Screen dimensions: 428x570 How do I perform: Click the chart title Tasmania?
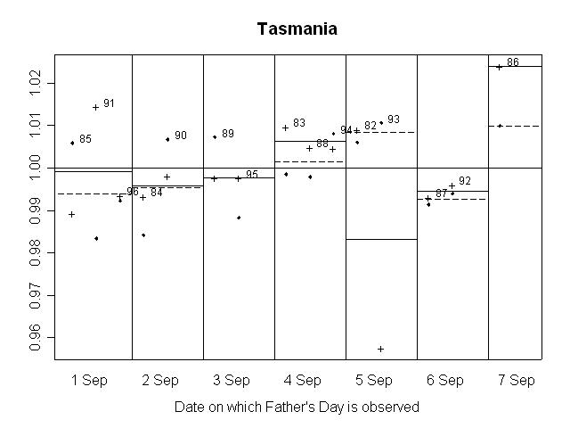[x=297, y=29]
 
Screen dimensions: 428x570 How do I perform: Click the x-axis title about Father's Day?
[x=297, y=407]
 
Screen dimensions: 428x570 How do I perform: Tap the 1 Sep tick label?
[x=89, y=381]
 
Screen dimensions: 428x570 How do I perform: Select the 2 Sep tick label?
[x=160, y=381]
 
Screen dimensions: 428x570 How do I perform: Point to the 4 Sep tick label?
[x=303, y=381]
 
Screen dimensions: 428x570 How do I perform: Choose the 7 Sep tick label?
[x=517, y=381]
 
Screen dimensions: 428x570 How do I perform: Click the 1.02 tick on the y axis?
[x=36, y=83]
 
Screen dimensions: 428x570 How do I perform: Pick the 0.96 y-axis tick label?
[x=36, y=337]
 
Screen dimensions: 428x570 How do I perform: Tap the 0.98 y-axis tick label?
[x=36, y=252]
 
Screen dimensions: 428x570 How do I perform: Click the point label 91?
[x=109, y=103]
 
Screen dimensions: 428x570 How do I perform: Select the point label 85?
[x=85, y=139]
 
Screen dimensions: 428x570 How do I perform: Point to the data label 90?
[x=181, y=136]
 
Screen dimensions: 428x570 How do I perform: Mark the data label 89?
[x=228, y=134]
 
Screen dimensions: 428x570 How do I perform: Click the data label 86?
[x=513, y=62]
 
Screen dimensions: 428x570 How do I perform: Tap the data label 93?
[x=394, y=119]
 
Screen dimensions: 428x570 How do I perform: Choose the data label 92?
[x=465, y=181]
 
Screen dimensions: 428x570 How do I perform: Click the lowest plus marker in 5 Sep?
[x=380, y=349]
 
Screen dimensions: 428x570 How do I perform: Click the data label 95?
[x=252, y=175]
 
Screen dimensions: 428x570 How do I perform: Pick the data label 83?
[x=299, y=123]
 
